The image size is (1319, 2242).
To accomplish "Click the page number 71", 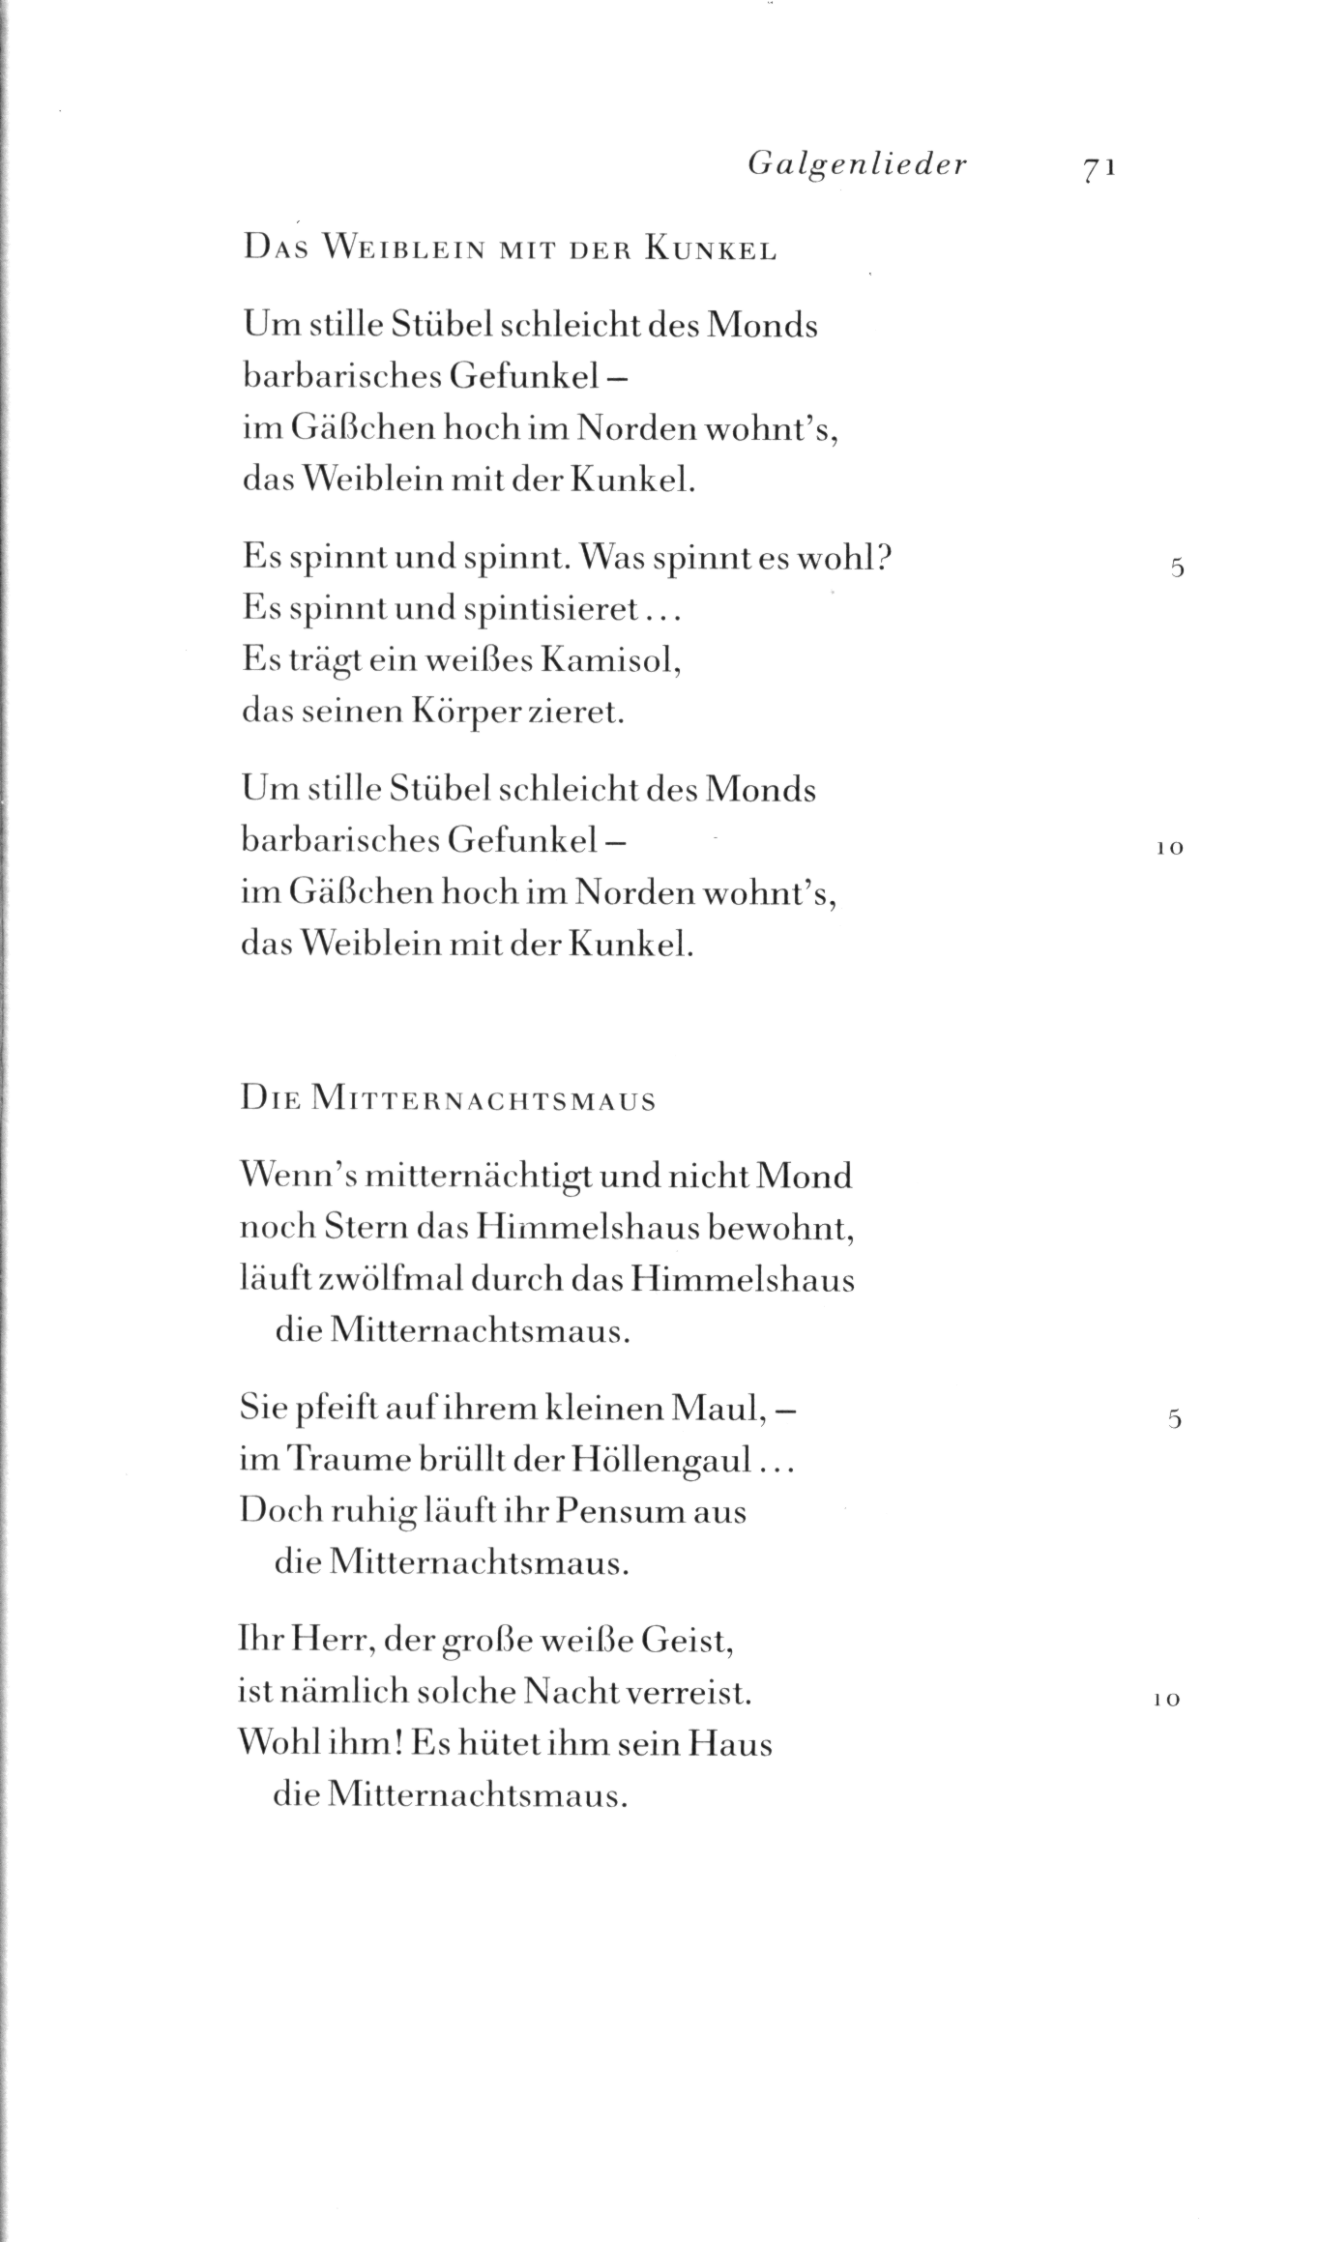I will point(1100,166).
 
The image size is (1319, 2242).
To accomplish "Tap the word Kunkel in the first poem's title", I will point(712,249).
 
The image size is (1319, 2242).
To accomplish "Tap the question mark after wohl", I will point(882,558).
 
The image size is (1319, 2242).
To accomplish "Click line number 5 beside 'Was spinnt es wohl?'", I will point(1176,568).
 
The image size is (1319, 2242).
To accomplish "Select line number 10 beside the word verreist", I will point(1168,1700).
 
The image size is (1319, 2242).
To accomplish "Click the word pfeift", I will point(329,1409).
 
